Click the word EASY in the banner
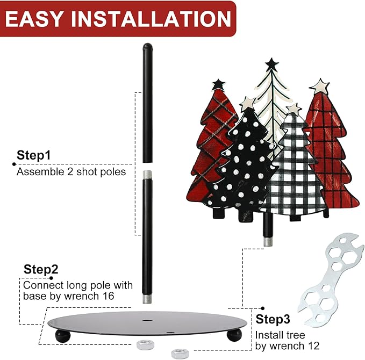pyautogui.click(x=34, y=19)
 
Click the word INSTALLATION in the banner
pyautogui.click(x=151, y=19)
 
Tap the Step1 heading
pyautogui.click(x=34, y=155)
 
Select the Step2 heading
pyautogui.click(x=41, y=270)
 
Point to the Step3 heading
pyautogui.click(x=273, y=319)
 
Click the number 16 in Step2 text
pyautogui.click(x=108, y=296)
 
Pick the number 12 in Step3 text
pyautogui.click(x=313, y=346)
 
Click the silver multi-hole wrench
pyautogui.click(x=331, y=279)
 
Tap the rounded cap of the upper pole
pyautogui.click(x=148, y=47)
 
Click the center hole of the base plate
pyautogui.click(x=147, y=320)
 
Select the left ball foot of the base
pyautogui.click(x=62, y=336)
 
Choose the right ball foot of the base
pyautogui.click(x=234, y=335)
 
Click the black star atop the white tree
pyautogui.click(x=271, y=64)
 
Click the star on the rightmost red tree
pyautogui.click(x=320, y=86)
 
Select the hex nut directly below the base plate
pyautogui.click(x=145, y=345)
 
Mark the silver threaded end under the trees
pyautogui.click(x=268, y=241)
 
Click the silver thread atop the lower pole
pyautogui.click(x=147, y=175)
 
